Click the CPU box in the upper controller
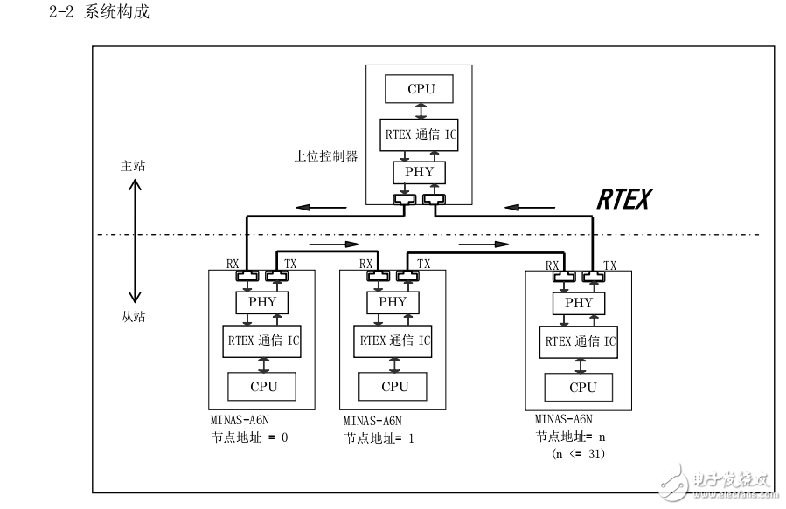coord(419,89)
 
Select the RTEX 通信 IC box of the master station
coord(419,134)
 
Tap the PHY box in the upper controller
coord(419,173)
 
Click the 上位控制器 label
coord(326,156)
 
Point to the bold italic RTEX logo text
coord(624,199)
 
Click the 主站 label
coord(133,166)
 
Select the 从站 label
coord(133,317)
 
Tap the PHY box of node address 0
coord(262,303)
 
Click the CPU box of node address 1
coord(393,387)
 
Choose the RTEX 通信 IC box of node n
coord(579,342)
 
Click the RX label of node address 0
coord(233,264)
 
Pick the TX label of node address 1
coord(423,264)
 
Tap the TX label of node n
coord(609,265)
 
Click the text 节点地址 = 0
coord(250,437)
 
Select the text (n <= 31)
coord(578,454)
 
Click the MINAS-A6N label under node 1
coord(372,421)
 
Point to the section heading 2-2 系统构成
coord(100,11)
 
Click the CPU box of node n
coord(579,388)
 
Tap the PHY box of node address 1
coord(393,303)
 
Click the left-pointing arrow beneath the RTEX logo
coord(529,207)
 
